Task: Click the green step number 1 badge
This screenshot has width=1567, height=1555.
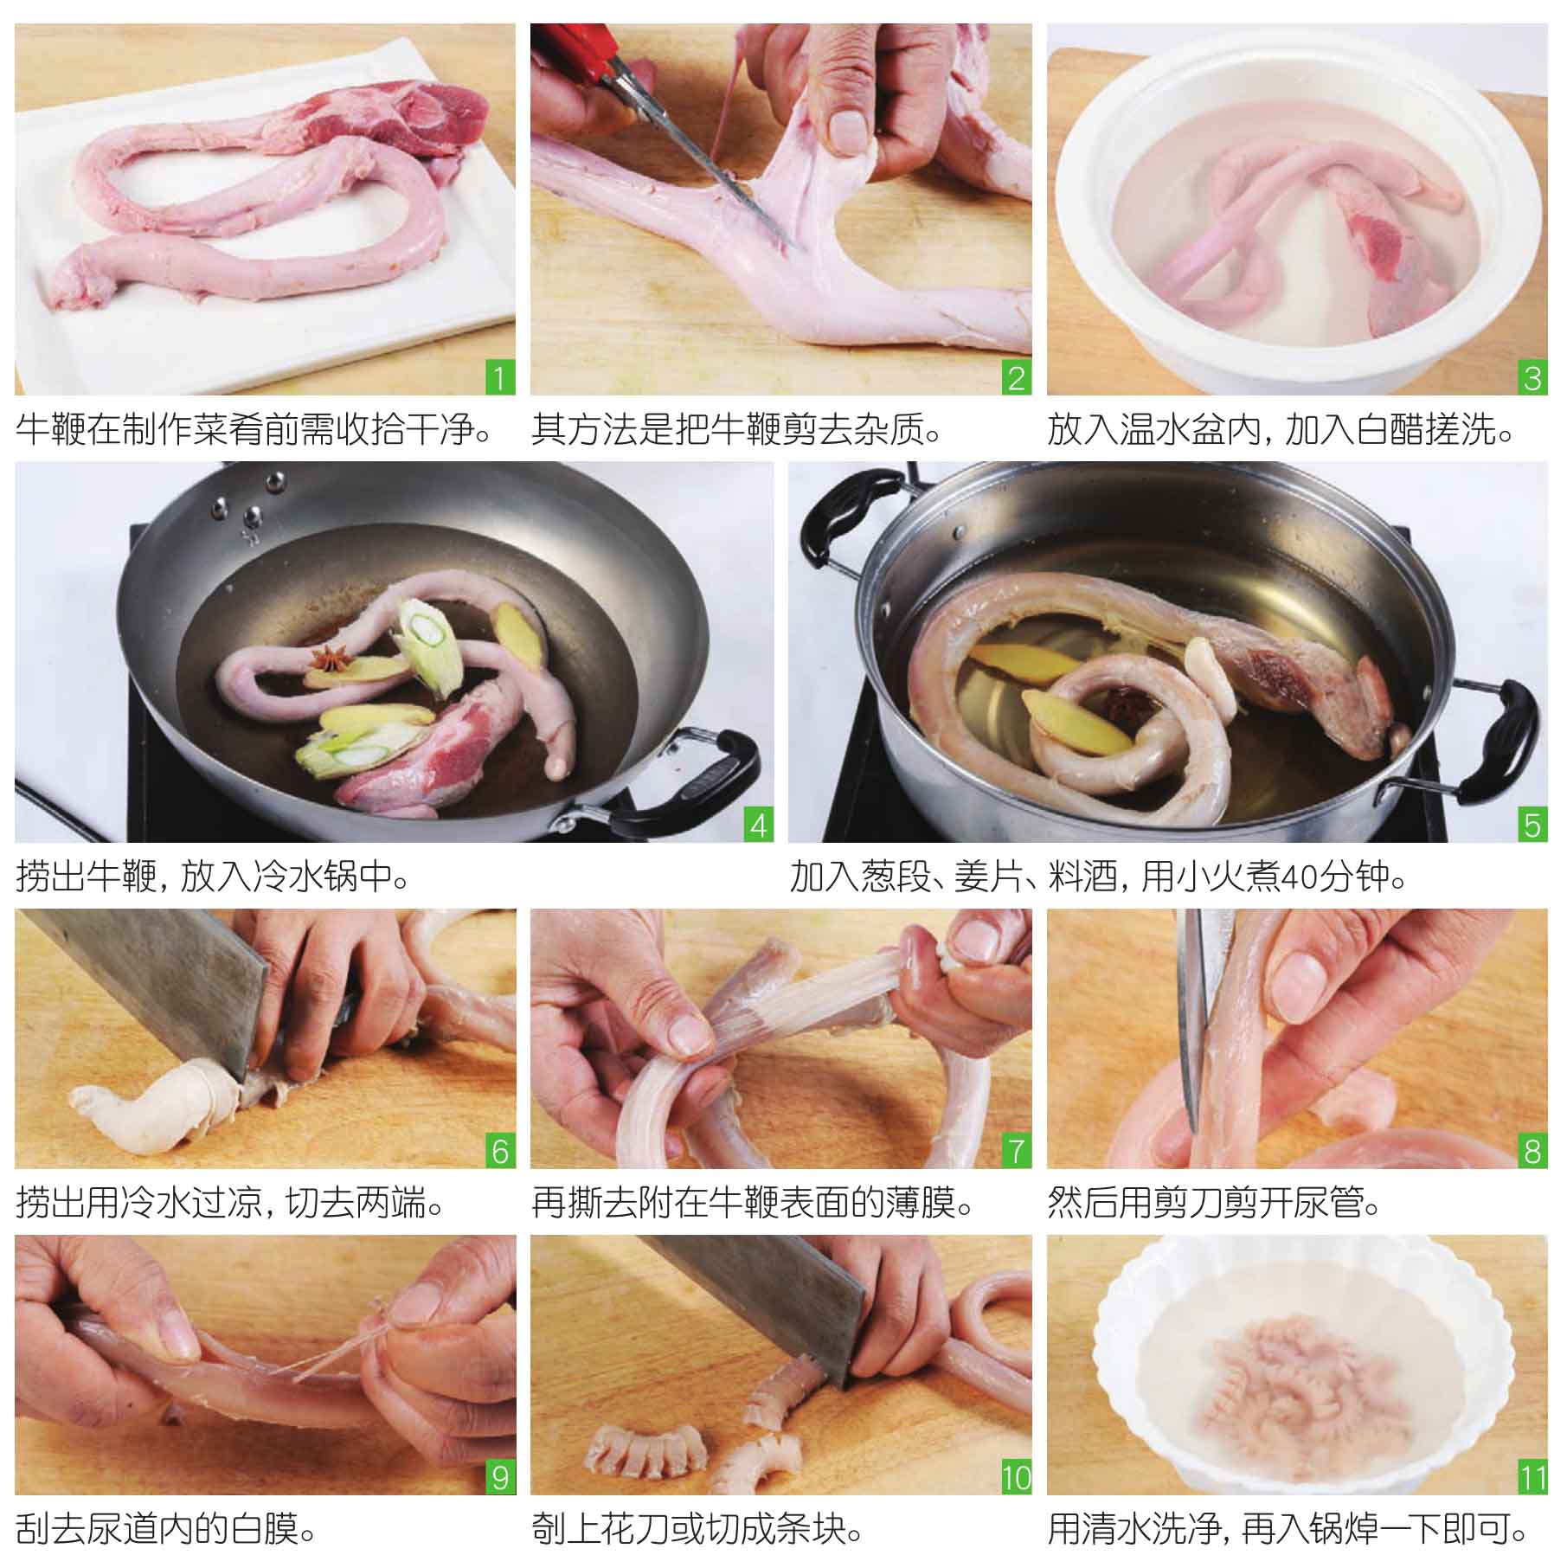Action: [x=499, y=378]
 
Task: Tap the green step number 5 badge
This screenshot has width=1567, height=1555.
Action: [x=1532, y=825]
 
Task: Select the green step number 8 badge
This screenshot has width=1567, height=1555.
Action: [x=1532, y=1152]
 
